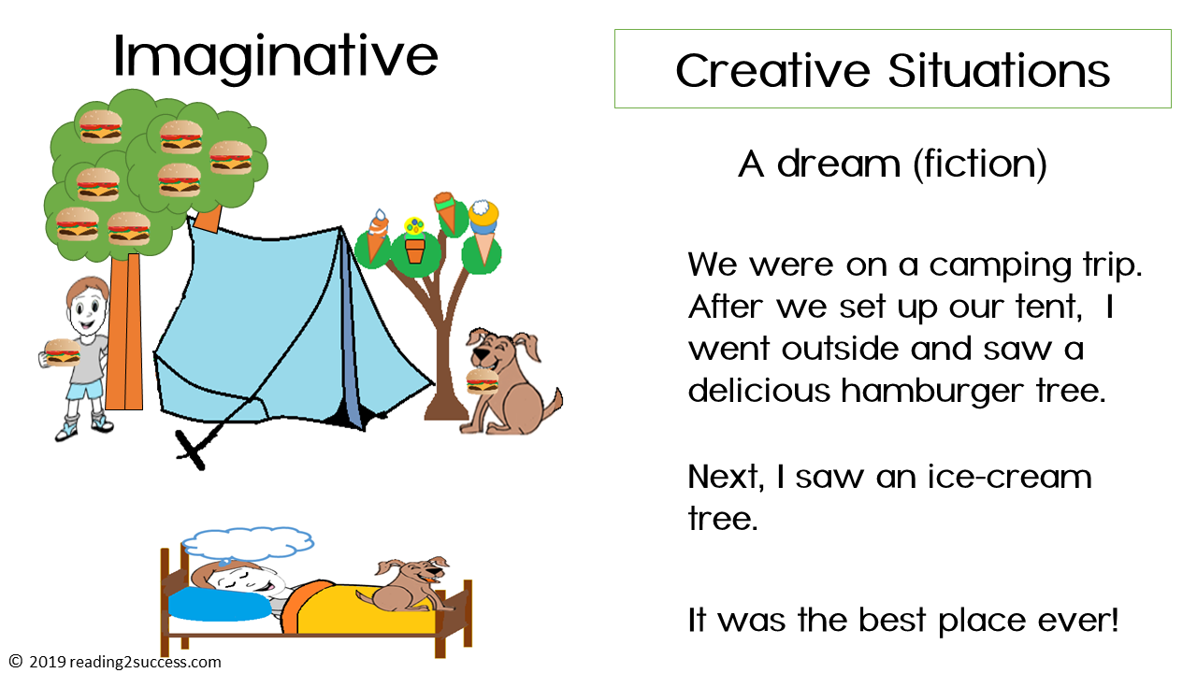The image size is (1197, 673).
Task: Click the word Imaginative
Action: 275,56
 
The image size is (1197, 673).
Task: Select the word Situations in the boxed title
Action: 1000,70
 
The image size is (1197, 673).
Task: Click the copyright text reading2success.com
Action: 125,662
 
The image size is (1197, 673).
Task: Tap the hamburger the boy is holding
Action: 62,352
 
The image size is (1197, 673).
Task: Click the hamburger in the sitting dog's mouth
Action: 482,380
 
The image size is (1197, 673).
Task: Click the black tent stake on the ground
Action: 192,450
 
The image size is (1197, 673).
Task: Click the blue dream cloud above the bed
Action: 247,542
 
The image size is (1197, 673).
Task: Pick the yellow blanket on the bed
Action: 374,612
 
